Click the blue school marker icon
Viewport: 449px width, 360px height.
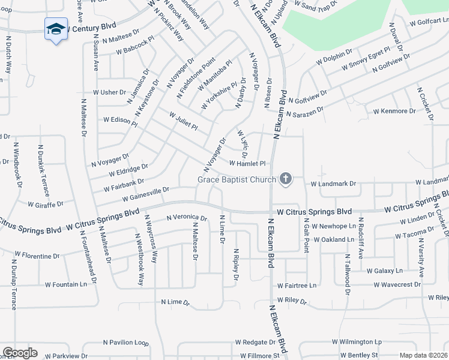(x=56, y=29)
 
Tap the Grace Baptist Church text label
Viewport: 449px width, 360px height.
(x=237, y=179)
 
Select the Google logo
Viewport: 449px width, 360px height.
(x=19, y=353)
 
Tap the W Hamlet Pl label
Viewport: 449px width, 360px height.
(x=247, y=163)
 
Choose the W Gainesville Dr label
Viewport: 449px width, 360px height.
(x=146, y=194)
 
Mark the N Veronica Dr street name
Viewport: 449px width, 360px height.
(x=187, y=218)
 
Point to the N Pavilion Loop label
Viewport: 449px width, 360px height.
(x=125, y=343)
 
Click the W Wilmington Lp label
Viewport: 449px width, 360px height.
(x=360, y=342)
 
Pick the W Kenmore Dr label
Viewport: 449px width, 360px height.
(x=394, y=111)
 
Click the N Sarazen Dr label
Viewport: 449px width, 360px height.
(x=304, y=112)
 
